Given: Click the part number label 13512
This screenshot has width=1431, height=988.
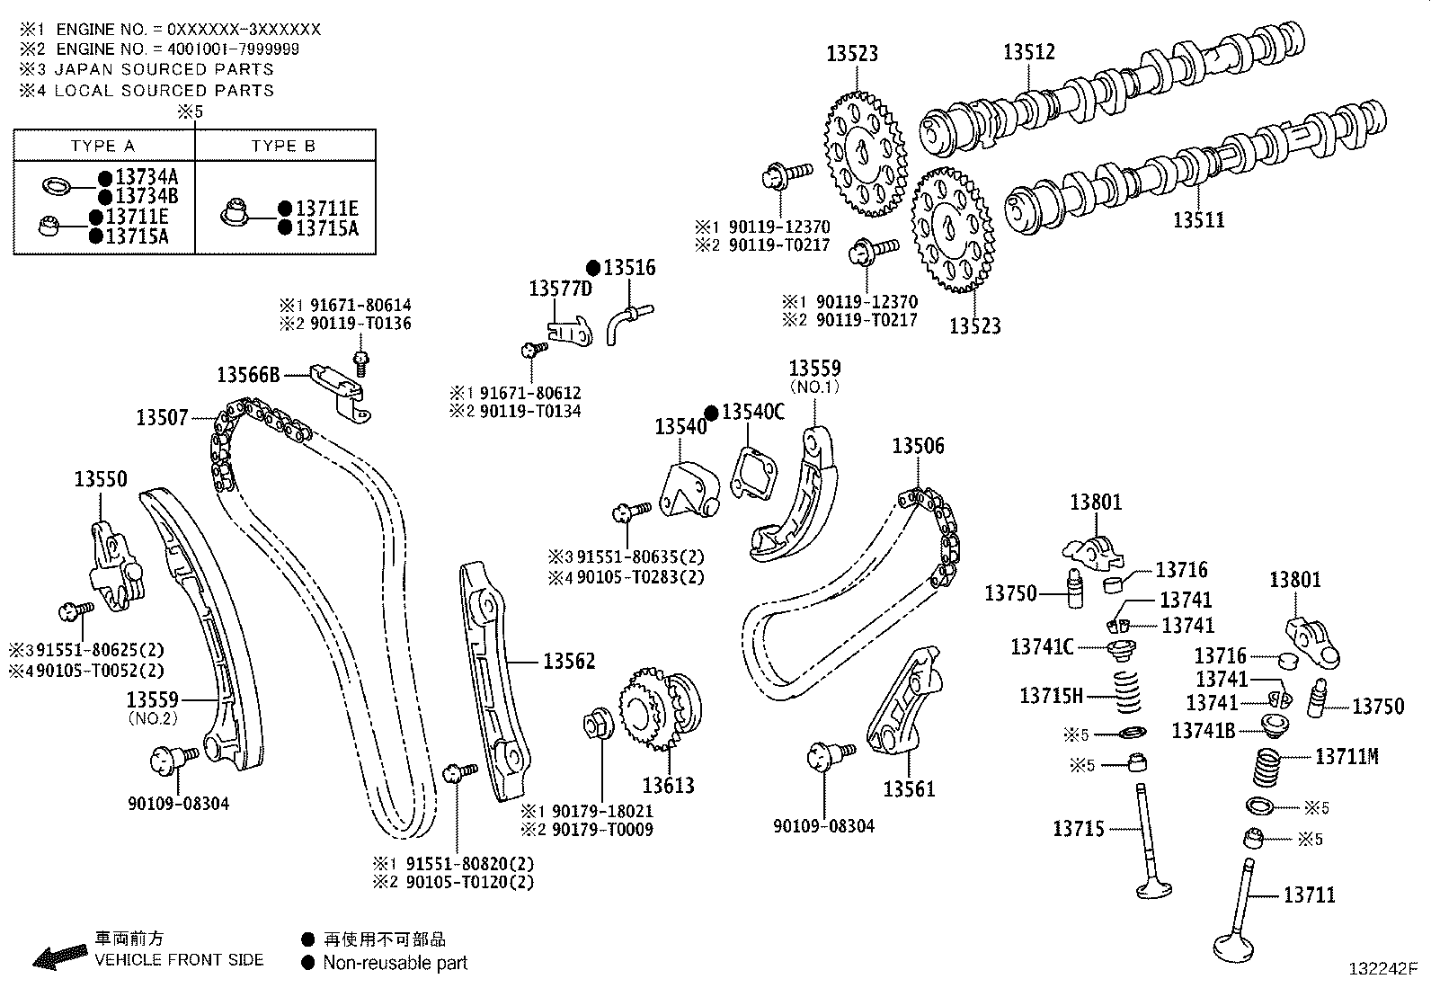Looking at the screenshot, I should click(1028, 52).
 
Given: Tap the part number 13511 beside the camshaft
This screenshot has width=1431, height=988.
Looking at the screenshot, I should click(1198, 219).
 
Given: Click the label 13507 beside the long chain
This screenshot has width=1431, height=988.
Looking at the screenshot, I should click(162, 417).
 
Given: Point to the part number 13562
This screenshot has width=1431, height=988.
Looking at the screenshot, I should click(569, 661).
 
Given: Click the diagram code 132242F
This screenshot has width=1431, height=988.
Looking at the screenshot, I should click(1382, 969).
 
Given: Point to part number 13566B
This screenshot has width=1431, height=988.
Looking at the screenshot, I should click(248, 374).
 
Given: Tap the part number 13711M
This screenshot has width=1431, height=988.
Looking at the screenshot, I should click(1346, 756).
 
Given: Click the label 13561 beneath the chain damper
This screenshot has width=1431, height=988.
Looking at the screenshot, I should click(909, 788).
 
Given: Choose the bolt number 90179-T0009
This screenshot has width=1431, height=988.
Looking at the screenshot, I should click(601, 830).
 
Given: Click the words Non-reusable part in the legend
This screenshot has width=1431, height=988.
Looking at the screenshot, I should click(395, 963).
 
